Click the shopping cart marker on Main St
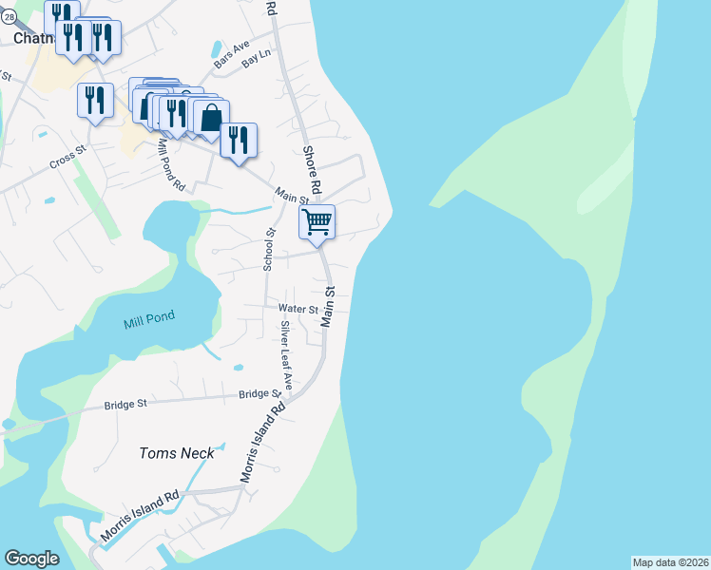coord(317,221)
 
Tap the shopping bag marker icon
coord(210,118)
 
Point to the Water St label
coord(298,308)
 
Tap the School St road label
coord(269,250)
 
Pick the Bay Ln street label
coord(256,61)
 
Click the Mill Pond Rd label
coord(171,167)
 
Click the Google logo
coord(31,559)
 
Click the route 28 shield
coord(8,17)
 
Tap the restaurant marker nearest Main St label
coord(239,140)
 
